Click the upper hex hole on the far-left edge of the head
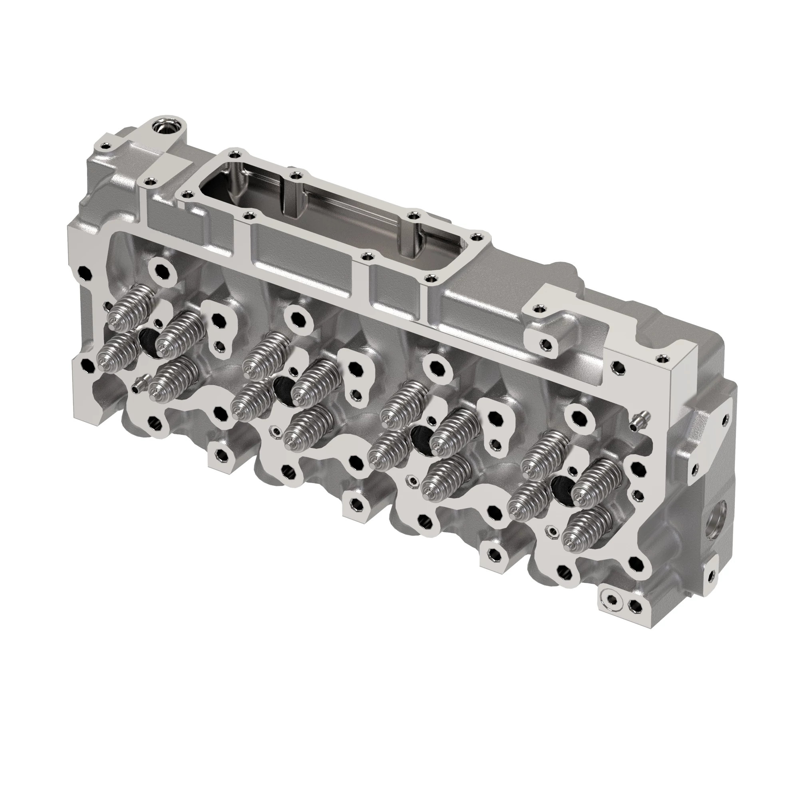pyautogui.click(x=85, y=272)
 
